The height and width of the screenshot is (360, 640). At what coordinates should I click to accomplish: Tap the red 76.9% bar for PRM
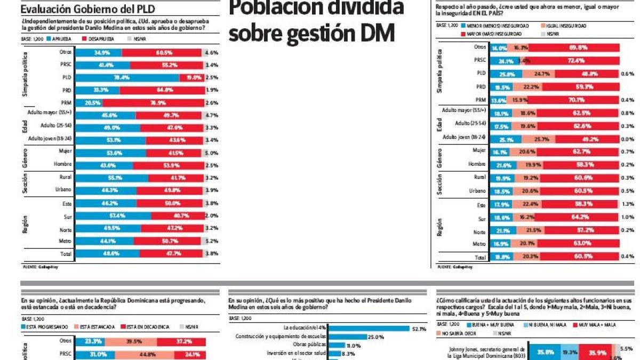[153, 102]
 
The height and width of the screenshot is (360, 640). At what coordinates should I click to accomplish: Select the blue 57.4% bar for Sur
[114, 216]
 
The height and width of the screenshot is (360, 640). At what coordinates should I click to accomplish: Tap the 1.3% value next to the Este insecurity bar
[627, 204]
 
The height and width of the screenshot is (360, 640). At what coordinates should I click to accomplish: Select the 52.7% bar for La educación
[370, 329]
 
